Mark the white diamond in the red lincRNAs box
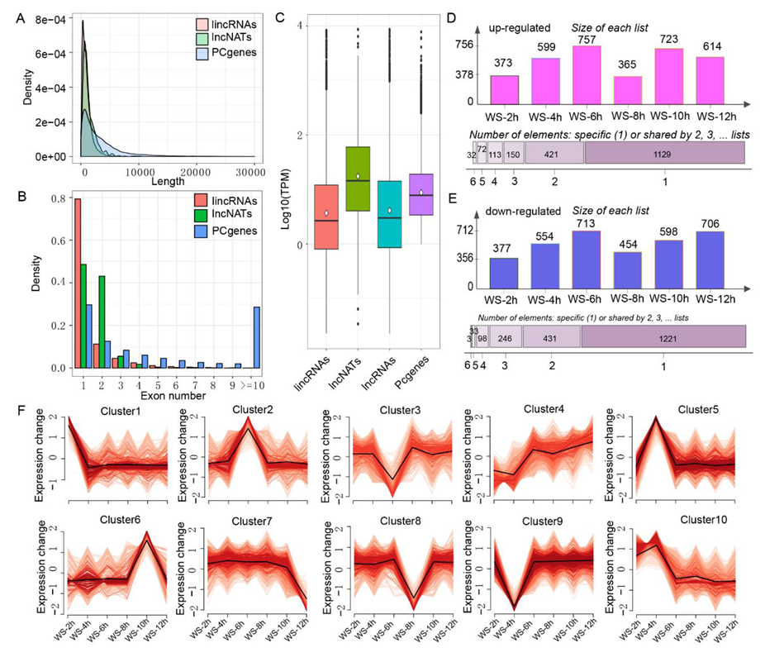pos(327,213)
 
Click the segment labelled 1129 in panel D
pos(664,153)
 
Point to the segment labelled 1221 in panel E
pos(663,336)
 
